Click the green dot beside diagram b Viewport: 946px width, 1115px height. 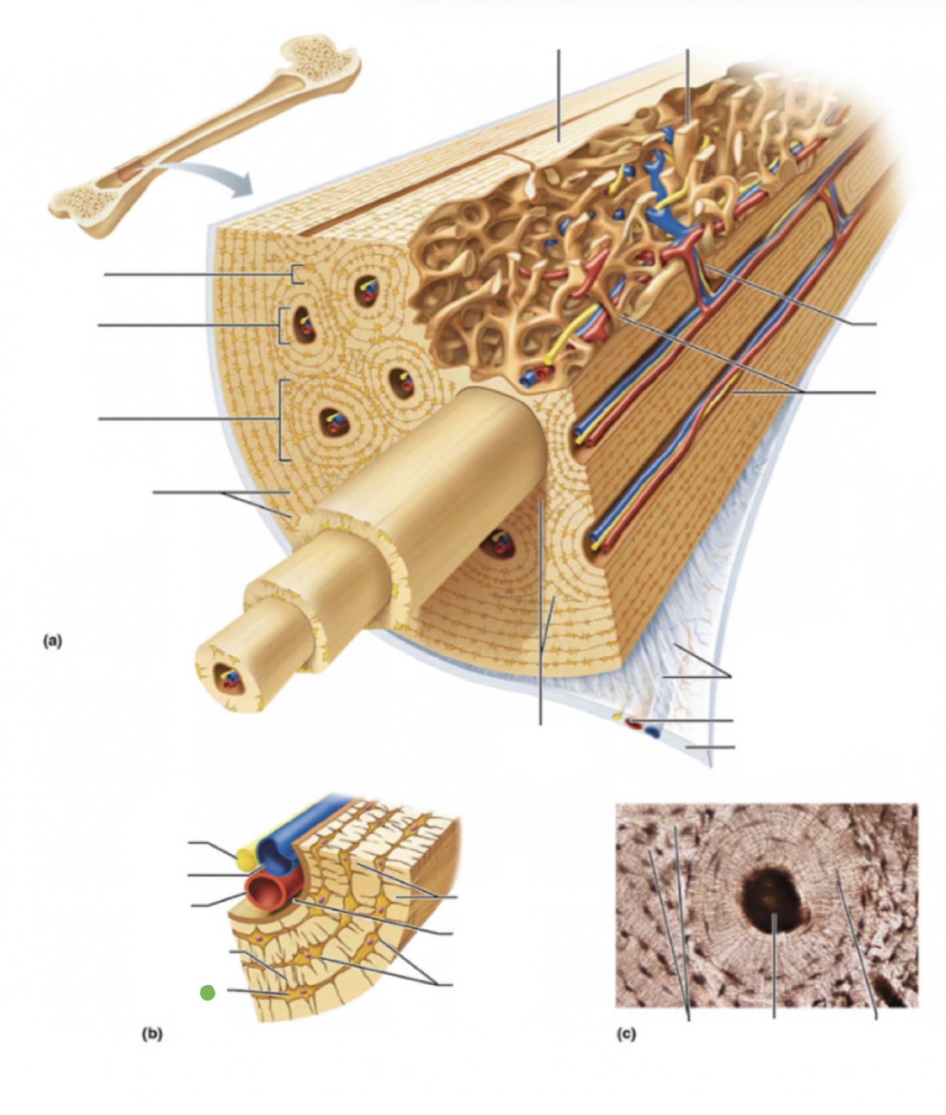(x=207, y=993)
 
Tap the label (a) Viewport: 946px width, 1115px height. (x=53, y=640)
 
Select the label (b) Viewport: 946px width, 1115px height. (x=152, y=1035)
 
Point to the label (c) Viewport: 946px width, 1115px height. (x=627, y=1035)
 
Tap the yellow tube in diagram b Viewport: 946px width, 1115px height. (x=244, y=856)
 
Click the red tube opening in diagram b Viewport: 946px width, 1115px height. (x=264, y=892)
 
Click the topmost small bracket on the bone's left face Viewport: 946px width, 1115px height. (x=296, y=275)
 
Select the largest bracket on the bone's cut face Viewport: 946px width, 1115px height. (x=282, y=419)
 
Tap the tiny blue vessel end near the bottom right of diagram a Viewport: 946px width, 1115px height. (x=652, y=733)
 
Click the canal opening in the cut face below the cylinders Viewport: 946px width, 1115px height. (x=497, y=542)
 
